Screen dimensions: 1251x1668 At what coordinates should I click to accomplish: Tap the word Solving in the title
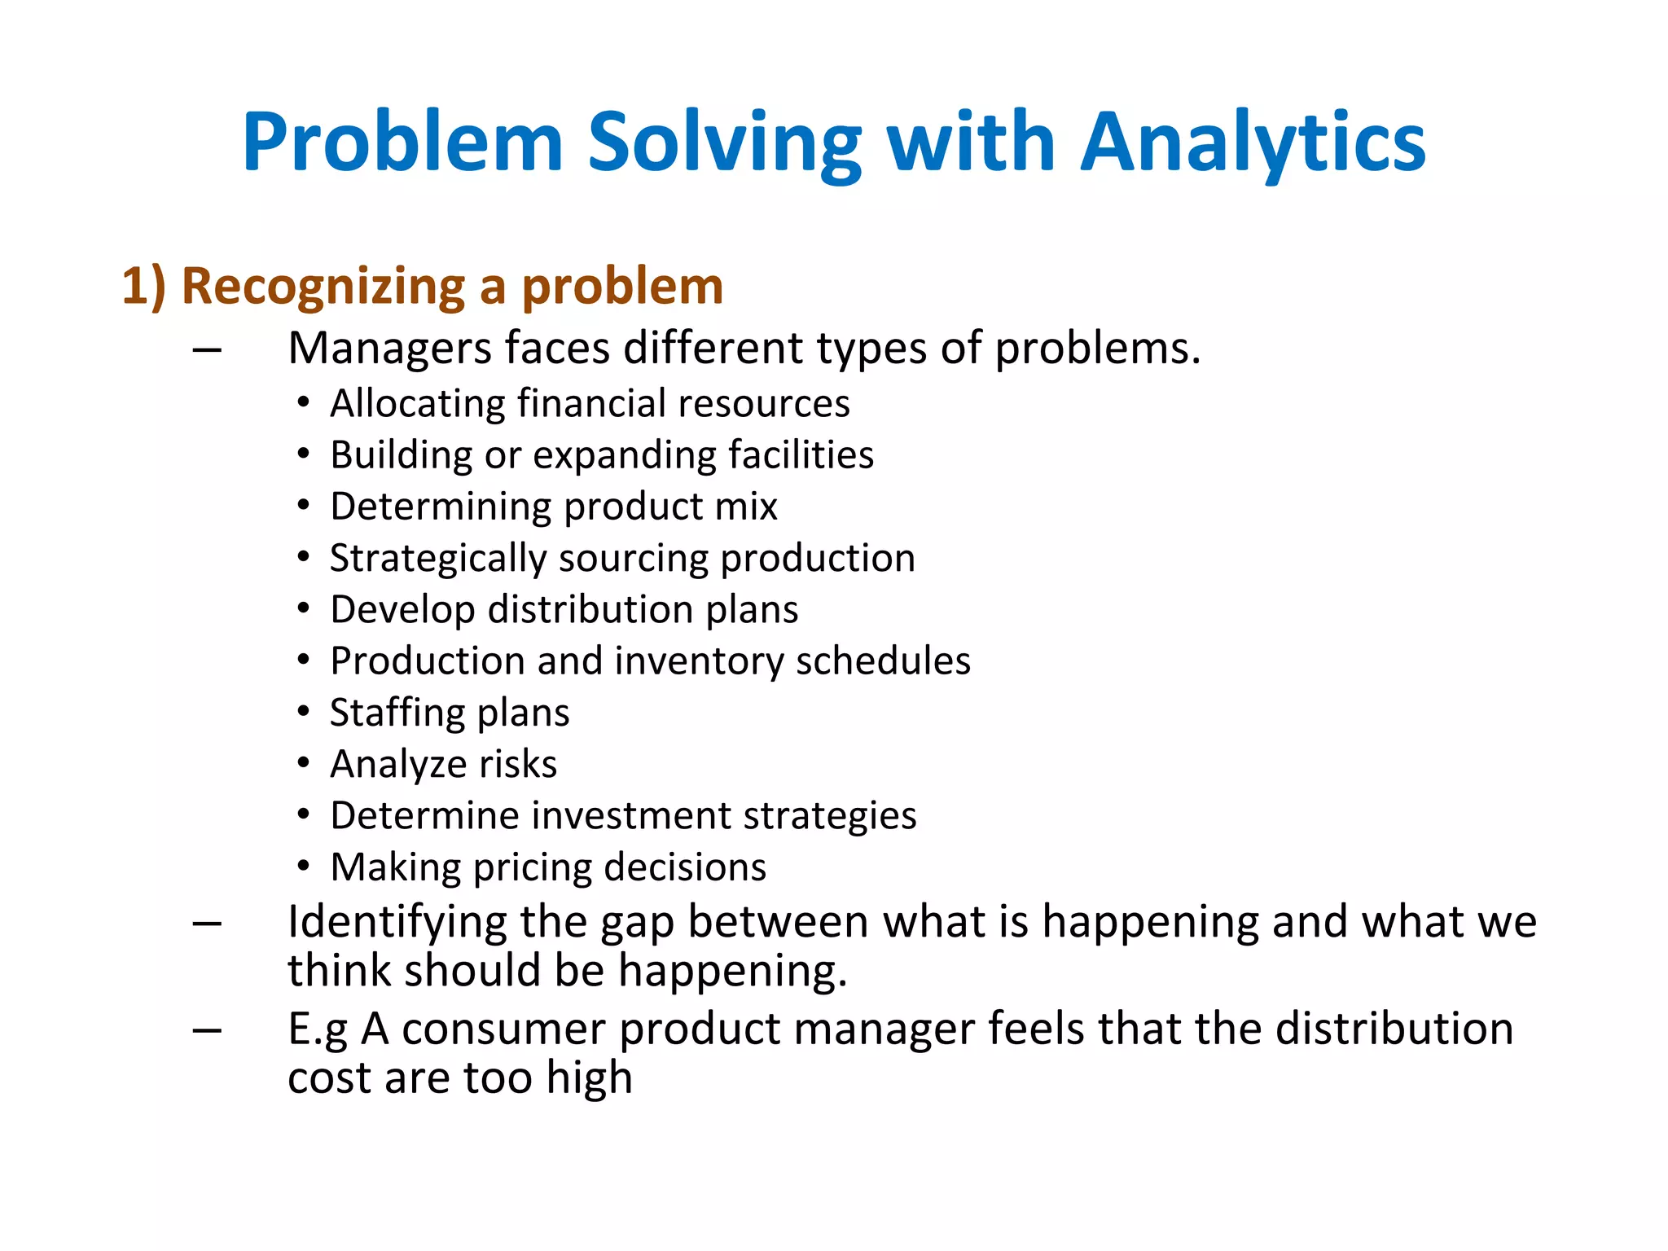point(724,143)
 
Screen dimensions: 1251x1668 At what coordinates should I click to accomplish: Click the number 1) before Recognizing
point(143,287)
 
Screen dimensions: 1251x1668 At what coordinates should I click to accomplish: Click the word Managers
point(389,349)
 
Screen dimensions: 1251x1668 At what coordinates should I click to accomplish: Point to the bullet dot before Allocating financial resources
point(303,402)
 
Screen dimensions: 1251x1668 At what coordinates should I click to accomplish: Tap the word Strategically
point(437,559)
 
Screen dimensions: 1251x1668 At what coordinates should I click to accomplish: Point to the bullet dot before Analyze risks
point(303,763)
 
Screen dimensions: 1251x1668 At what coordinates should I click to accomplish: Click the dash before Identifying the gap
point(208,924)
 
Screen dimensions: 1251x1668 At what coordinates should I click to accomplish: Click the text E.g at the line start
point(318,1029)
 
